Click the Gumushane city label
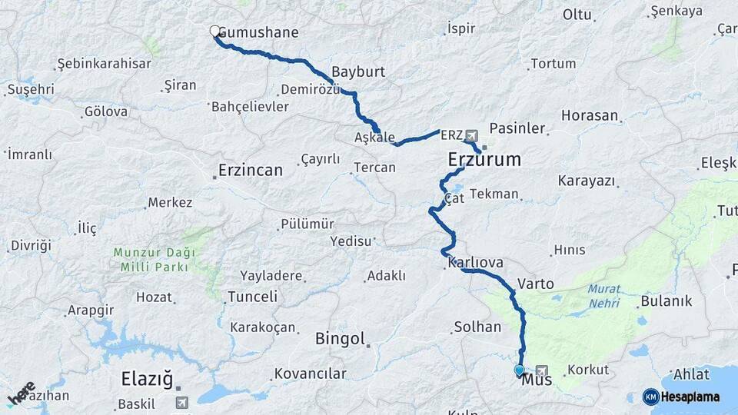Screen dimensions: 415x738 coord(259,33)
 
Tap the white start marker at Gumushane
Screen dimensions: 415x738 coord(214,31)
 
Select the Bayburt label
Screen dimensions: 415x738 coord(358,72)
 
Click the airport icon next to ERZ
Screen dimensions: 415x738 coord(471,135)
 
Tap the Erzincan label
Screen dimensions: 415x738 coord(251,170)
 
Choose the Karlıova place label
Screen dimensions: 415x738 coord(475,263)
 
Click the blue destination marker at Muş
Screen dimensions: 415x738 coord(519,370)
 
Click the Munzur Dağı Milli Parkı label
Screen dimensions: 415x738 coord(154,260)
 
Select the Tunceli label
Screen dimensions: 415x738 coord(253,297)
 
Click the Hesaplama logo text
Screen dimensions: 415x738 coord(690,397)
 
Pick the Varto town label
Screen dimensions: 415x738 coord(536,284)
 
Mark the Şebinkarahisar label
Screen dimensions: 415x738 coord(105,63)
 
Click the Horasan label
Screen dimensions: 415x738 coord(590,115)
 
